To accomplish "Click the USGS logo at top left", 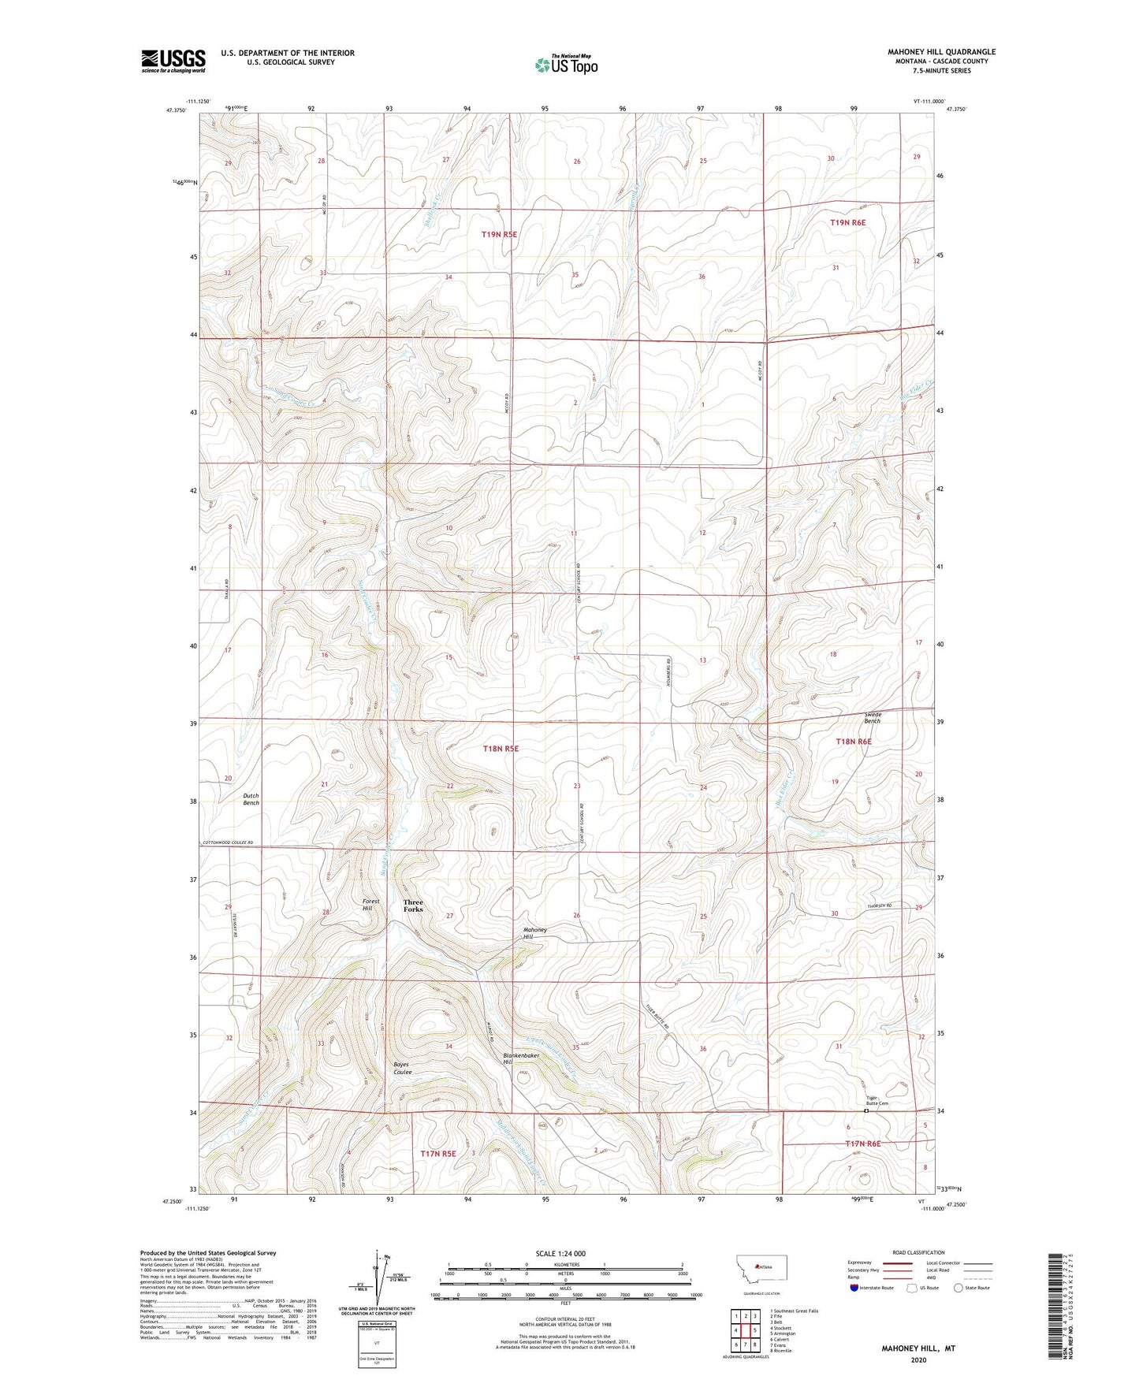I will click(x=173, y=61).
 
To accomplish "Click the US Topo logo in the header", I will click(x=566, y=65).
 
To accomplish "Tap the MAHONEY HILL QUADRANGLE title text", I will click(x=941, y=52).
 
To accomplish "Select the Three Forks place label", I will click(x=413, y=906).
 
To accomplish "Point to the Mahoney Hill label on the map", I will click(x=534, y=933).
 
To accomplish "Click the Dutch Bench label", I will click(x=251, y=799).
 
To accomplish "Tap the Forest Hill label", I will click(x=370, y=905).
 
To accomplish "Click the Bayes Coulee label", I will click(x=402, y=1069).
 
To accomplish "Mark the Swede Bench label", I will click(x=872, y=717).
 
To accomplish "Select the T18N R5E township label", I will click(x=501, y=748).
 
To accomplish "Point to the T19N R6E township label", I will click(x=847, y=223).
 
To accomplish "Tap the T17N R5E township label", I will click(x=438, y=1154).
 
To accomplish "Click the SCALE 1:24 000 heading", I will click(x=560, y=1253).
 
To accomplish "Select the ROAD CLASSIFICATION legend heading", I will click(x=918, y=1252).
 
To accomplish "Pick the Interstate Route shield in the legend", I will click(x=855, y=1288).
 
